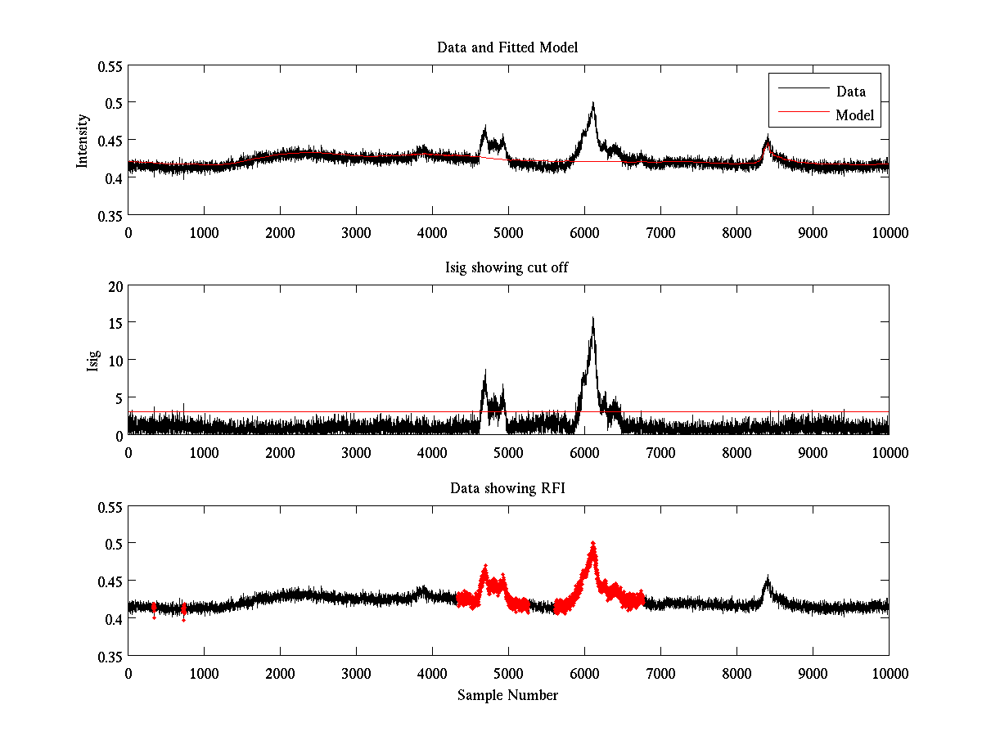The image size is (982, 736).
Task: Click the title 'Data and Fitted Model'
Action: (507, 47)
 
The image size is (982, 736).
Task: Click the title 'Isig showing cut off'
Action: (507, 268)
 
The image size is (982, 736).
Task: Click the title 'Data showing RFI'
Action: (507, 488)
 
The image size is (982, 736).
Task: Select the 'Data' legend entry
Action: (850, 91)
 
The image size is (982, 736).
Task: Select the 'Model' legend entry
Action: (854, 115)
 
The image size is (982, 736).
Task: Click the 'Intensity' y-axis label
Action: (82, 140)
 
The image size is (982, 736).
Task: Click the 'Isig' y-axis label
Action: (92, 360)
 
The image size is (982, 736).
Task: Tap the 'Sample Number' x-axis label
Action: (507, 695)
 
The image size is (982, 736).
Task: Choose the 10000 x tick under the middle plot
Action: (889, 453)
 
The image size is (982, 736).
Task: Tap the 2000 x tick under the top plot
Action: (280, 233)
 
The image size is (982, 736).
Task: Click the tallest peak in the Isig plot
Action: (592, 318)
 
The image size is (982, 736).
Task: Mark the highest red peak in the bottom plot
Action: (592, 543)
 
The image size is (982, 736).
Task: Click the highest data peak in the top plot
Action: (592, 103)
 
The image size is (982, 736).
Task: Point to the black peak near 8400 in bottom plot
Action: (768, 579)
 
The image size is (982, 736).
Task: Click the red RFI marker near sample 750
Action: (184, 609)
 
